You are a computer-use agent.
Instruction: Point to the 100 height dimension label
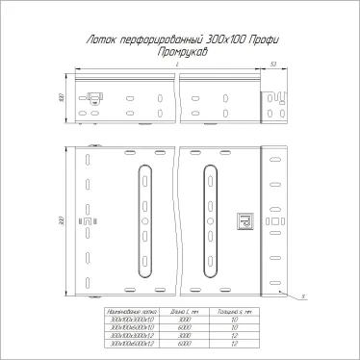tap(61, 98)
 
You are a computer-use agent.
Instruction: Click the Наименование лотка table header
tap(126, 313)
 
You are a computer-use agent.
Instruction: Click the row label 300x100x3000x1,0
tap(126, 321)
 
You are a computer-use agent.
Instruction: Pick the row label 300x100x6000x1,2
tap(126, 342)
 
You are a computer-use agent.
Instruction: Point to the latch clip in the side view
tap(95, 97)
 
